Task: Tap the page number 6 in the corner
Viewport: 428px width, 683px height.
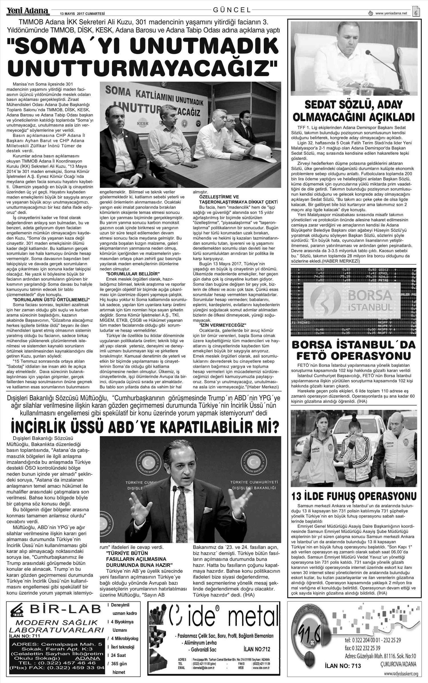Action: [x=416, y=13]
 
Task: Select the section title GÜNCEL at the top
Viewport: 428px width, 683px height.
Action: [x=232, y=10]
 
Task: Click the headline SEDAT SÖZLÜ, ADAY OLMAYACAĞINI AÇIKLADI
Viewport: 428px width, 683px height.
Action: [x=353, y=111]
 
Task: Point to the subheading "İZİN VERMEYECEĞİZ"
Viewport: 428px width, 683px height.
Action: [x=223, y=326]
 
